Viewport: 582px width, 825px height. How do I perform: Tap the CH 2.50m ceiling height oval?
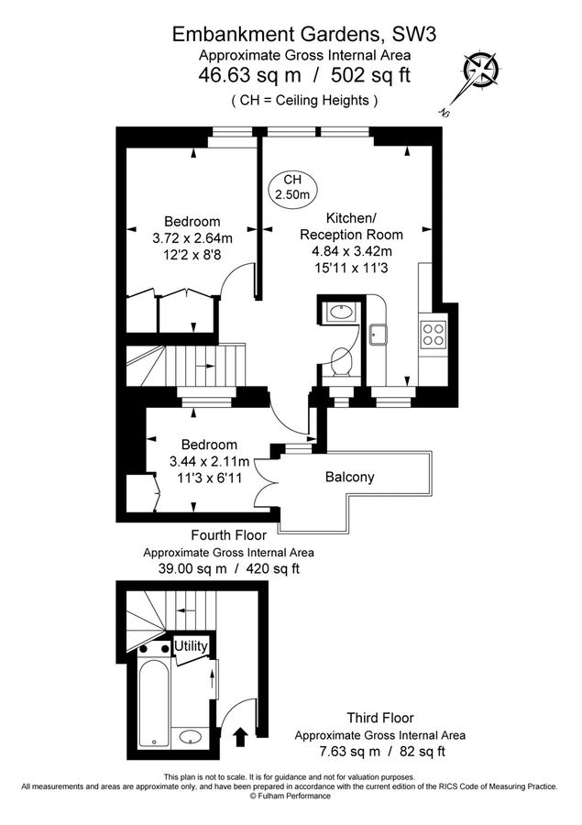coord(292,188)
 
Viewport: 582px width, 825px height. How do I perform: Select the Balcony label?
coord(350,478)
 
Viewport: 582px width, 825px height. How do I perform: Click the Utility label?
coord(191,646)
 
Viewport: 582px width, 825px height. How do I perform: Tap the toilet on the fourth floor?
coord(341,362)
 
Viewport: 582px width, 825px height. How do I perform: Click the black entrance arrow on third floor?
coord(241,737)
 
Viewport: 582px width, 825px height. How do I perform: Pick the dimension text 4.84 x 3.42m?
coord(346,252)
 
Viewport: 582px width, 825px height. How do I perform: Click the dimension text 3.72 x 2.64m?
coord(192,238)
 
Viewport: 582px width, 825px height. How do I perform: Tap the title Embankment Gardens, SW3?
coord(291,35)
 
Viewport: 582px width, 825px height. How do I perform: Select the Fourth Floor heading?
coord(228,535)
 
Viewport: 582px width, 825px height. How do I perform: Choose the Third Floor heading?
coord(379,718)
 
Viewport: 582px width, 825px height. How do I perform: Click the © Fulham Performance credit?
coord(291,797)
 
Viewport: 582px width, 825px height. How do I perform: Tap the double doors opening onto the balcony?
coord(267,469)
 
